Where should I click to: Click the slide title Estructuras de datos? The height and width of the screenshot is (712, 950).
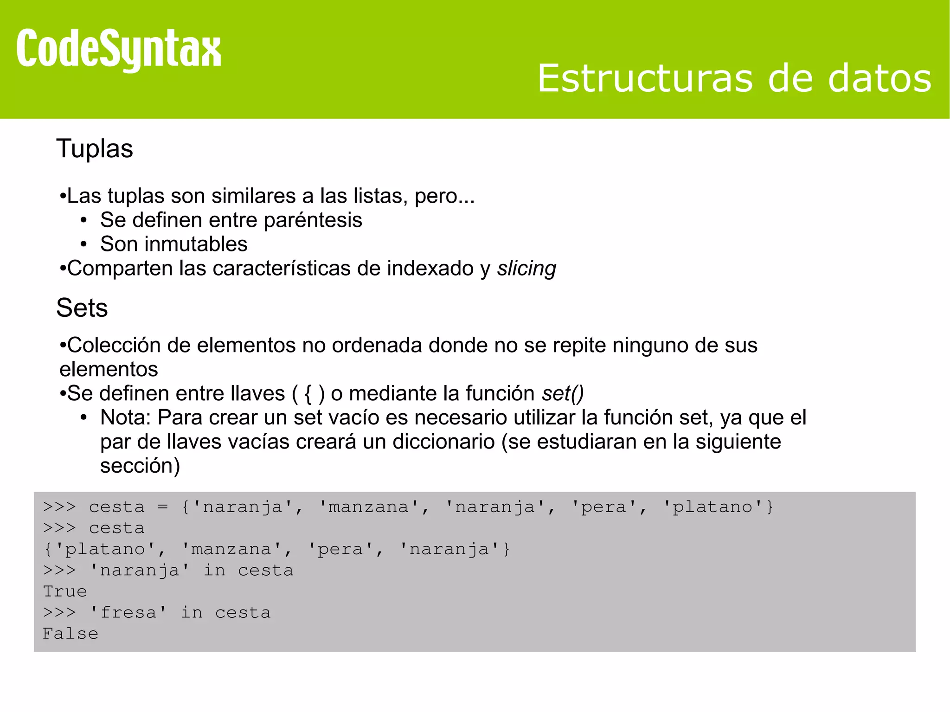[x=734, y=79]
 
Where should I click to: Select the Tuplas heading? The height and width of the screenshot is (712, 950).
[x=95, y=149]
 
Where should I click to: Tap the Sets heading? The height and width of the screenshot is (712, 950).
[x=82, y=308]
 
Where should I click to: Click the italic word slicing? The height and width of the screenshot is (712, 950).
[x=526, y=269]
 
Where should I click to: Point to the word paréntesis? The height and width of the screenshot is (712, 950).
[x=313, y=220]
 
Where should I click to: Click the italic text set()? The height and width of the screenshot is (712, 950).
[x=563, y=394]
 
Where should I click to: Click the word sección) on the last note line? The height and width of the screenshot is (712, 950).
[x=140, y=466]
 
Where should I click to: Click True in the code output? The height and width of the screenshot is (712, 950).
[x=65, y=592]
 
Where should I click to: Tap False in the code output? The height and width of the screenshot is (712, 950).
[x=71, y=634]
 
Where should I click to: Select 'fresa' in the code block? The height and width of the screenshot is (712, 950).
[x=128, y=613]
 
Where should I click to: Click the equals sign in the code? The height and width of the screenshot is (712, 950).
[x=162, y=507]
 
